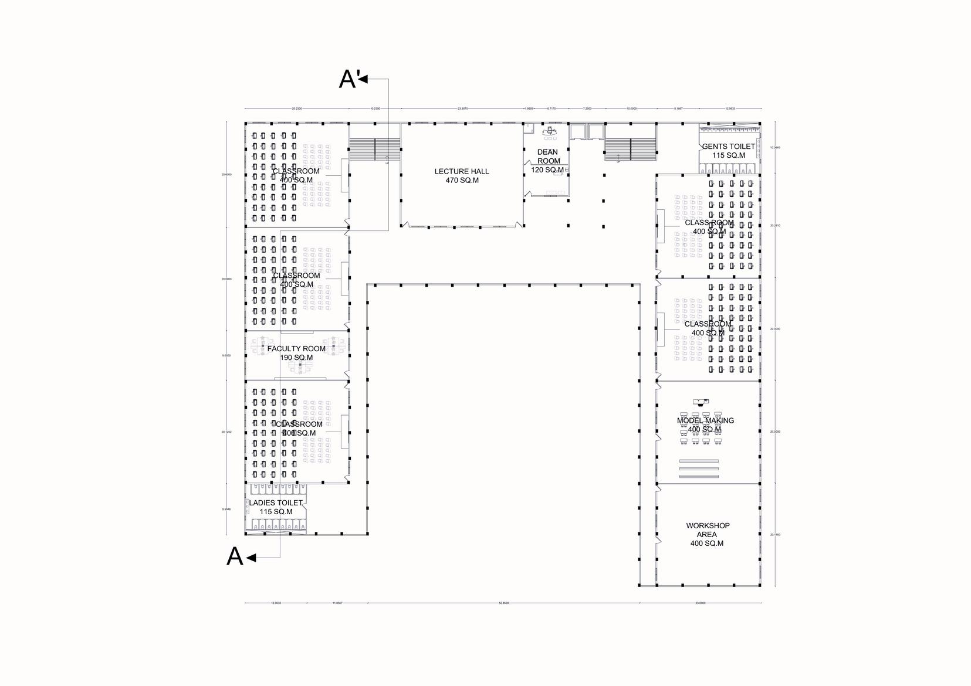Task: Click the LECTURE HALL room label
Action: pos(462,172)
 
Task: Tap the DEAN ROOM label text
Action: pos(548,157)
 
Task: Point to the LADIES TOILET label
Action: pos(276,503)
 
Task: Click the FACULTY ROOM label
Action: pos(296,349)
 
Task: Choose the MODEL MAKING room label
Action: pos(705,420)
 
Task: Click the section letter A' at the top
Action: pos(348,79)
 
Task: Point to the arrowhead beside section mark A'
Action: pos(363,79)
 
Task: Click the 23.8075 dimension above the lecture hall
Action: pos(462,108)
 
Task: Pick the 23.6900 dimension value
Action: pos(700,603)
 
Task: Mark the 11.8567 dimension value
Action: pos(337,603)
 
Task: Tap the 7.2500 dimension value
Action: pos(587,108)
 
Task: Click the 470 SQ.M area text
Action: pos(462,181)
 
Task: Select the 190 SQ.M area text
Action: pos(296,358)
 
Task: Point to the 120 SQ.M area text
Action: pos(547,170)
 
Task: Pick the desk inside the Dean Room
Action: pos(550,130)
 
